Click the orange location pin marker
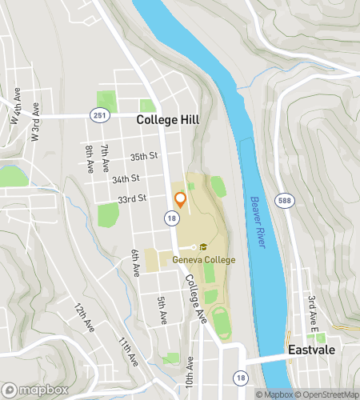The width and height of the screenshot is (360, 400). click(x=180, y=199)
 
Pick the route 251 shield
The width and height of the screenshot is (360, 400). click(x=98, y=117)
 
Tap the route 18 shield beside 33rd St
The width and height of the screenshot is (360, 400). click(x=171, y=217)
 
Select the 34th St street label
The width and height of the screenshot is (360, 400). click(x=126, y=178)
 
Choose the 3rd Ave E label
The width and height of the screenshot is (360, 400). click(x=314, y=311)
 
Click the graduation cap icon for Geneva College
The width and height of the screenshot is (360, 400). click(x=204, y=248)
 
